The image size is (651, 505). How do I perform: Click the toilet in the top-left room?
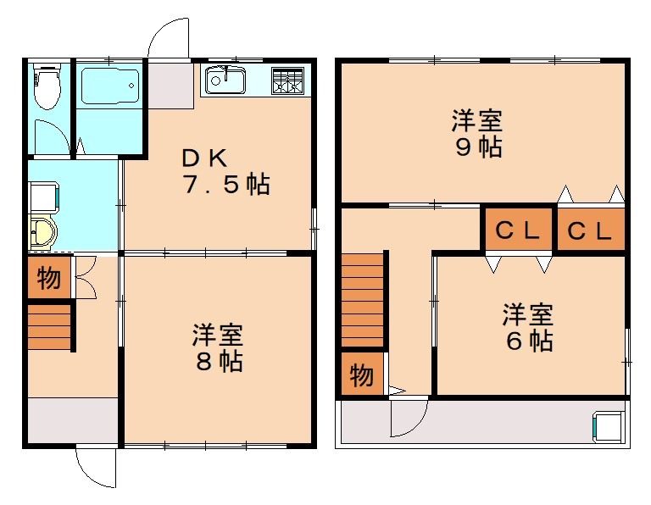coord(46,86)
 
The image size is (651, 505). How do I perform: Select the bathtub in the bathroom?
coord(109,87)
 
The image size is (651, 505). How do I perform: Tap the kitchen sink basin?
coord(225,81)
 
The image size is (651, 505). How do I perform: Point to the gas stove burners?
coord(287,81)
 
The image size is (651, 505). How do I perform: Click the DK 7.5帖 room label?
coord(225,171)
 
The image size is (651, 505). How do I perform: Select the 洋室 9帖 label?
coord(476,133)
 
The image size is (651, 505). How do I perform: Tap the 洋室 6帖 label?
coord(527,328)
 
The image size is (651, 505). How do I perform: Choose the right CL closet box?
coord(590,230)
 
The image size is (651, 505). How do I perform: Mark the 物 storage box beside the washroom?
coord(49,278)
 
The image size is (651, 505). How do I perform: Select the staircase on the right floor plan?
coord(363,302)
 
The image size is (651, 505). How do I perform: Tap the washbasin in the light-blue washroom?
coord(42,233)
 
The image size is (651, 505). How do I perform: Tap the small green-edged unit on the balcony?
coord(609,425)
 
